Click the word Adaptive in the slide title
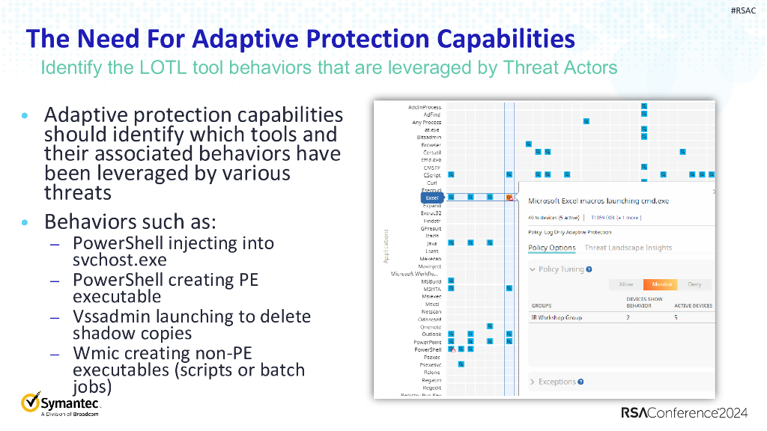pos(273,38)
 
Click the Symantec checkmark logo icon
pos(31,403)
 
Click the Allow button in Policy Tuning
pos(625,284)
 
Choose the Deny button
pos(694,284)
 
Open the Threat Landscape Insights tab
pos(628,248)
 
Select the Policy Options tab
pos(552,248)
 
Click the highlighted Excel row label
pos(432,198)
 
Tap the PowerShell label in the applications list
pos(428,349)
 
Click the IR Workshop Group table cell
pos(557,317)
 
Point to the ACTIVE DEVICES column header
pos(693,305)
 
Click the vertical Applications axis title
pos(385,246)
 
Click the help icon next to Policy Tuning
pos(589,269)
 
